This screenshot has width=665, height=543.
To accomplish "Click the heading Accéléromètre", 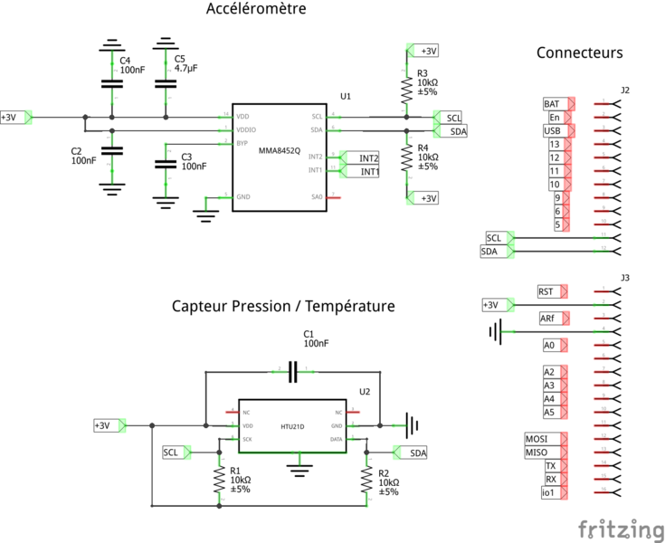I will click(256, 10).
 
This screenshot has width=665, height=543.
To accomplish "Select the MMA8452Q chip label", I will click(280, 149).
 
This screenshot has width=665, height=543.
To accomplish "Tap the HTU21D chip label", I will click(292, 425).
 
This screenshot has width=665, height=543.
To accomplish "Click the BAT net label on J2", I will click(552, 104).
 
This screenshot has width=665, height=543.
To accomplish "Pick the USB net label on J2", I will click(552, 131).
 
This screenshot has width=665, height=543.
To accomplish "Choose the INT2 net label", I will click(368, 157).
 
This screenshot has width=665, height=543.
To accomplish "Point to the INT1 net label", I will click(368, 170).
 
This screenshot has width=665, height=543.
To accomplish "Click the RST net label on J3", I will click(546, 291).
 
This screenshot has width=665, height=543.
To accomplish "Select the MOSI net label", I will click(537, 439).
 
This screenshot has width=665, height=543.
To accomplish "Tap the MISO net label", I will click(537, 452).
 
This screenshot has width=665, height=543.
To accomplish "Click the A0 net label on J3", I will click(549, 345).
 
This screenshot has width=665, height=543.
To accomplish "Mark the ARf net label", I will click(548, 319).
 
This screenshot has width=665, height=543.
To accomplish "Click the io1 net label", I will click(548, 492).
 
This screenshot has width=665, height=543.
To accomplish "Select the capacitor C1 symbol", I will click(292, 370).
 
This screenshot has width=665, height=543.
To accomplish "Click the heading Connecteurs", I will click(579, 52).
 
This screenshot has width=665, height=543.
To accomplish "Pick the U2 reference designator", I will click(365, 392).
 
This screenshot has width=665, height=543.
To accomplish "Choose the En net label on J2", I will click(555, 118).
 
